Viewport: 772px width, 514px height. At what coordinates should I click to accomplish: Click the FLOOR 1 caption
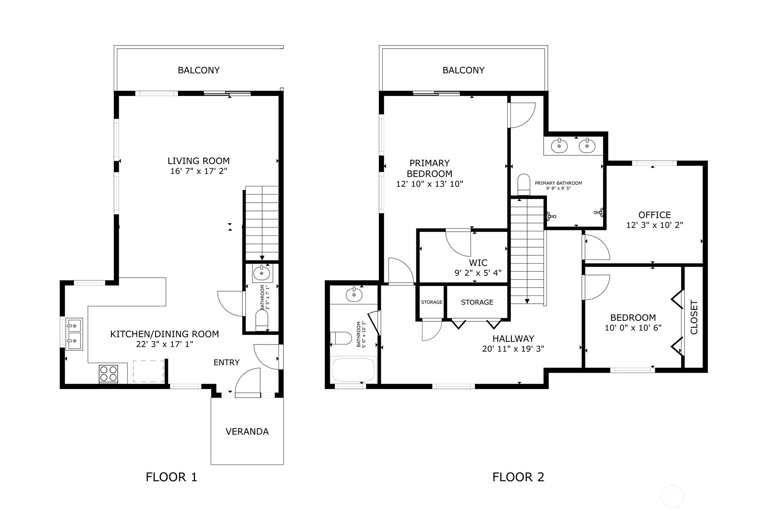click(172, 477)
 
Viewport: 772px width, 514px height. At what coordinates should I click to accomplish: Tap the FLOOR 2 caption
click(518, 477)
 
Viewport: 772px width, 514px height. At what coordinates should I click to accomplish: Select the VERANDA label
click(247, 432)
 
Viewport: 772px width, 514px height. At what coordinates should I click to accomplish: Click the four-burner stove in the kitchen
click(108, 374)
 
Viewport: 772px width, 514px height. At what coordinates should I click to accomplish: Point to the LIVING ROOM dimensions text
click(198, 171)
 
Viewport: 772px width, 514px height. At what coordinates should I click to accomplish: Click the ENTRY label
click(226, 362)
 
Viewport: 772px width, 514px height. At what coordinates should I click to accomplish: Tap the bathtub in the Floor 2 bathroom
click(354, 370)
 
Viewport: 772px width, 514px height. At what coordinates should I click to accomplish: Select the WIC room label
click(478, 263)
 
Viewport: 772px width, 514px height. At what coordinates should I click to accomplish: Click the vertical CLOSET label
click(694, 317)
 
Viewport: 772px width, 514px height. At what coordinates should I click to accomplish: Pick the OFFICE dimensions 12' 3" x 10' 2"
click(654, 225)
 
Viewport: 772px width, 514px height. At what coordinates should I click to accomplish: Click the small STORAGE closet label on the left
click(431, 302)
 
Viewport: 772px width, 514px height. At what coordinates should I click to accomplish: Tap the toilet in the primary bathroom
click(524, 184)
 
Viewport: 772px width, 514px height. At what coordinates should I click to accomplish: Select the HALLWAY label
click(513, 339)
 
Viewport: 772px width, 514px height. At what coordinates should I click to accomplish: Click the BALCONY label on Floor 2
click(463, 70)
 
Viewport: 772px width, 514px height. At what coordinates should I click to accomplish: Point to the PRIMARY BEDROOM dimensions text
click(429, 184)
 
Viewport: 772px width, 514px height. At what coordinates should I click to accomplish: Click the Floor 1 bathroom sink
click(262, 274)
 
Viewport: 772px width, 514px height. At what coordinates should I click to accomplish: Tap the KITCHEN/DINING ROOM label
click(164, 334)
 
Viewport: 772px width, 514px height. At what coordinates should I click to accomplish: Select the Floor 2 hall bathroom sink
click(353, 295)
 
